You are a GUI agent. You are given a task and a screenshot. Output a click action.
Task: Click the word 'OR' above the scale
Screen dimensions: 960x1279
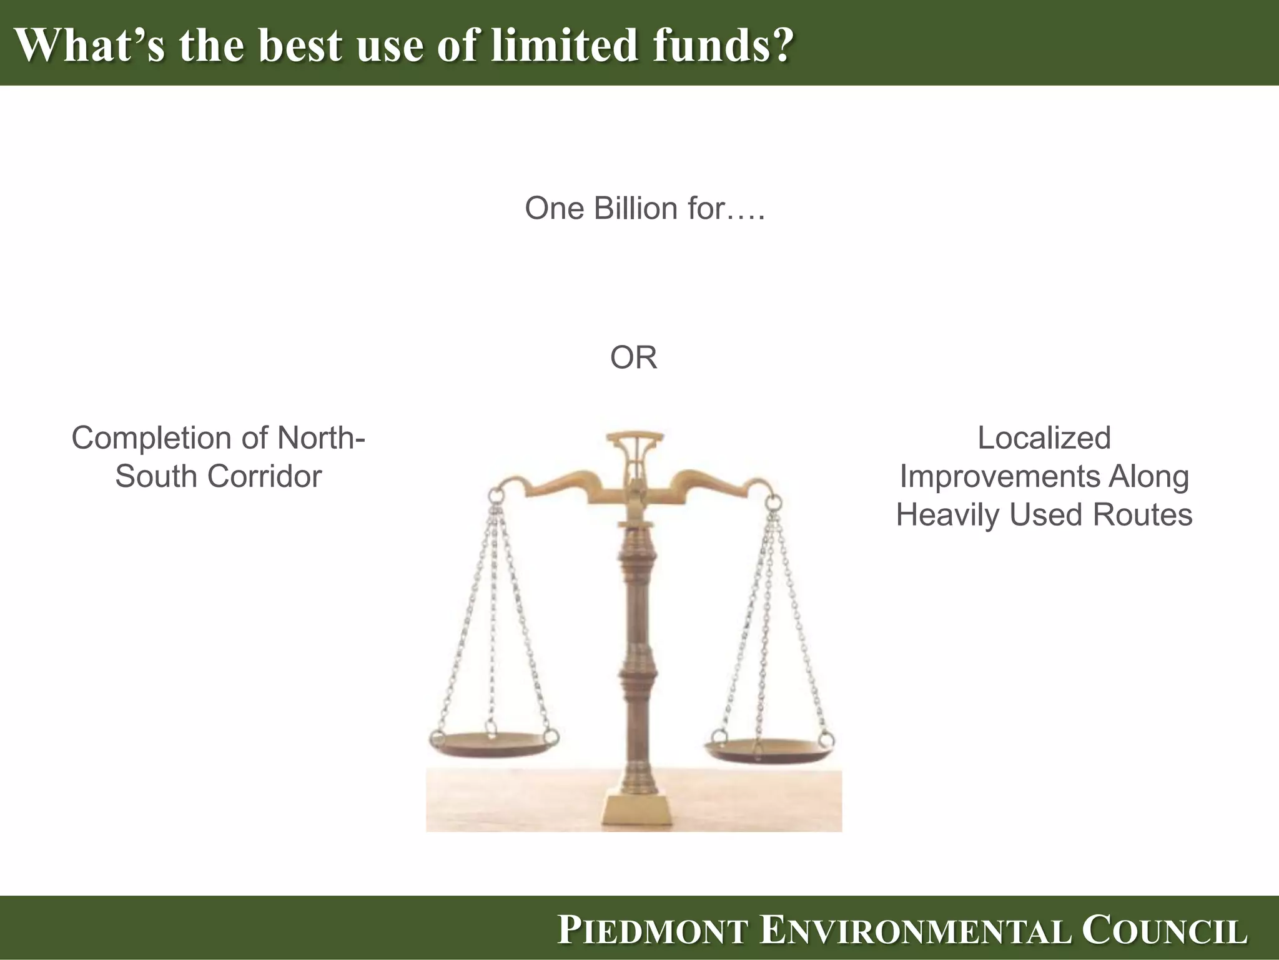click(633, 358)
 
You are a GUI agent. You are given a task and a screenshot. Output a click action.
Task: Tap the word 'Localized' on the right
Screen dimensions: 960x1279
click(1044, 438)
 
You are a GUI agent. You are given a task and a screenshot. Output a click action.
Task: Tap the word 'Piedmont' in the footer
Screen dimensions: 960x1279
click(653, 930)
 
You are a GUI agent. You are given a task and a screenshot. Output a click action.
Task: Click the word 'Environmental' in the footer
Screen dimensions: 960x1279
click(916, 930)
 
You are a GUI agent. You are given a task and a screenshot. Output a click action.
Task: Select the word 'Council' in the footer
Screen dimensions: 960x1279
click(1164, 930)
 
